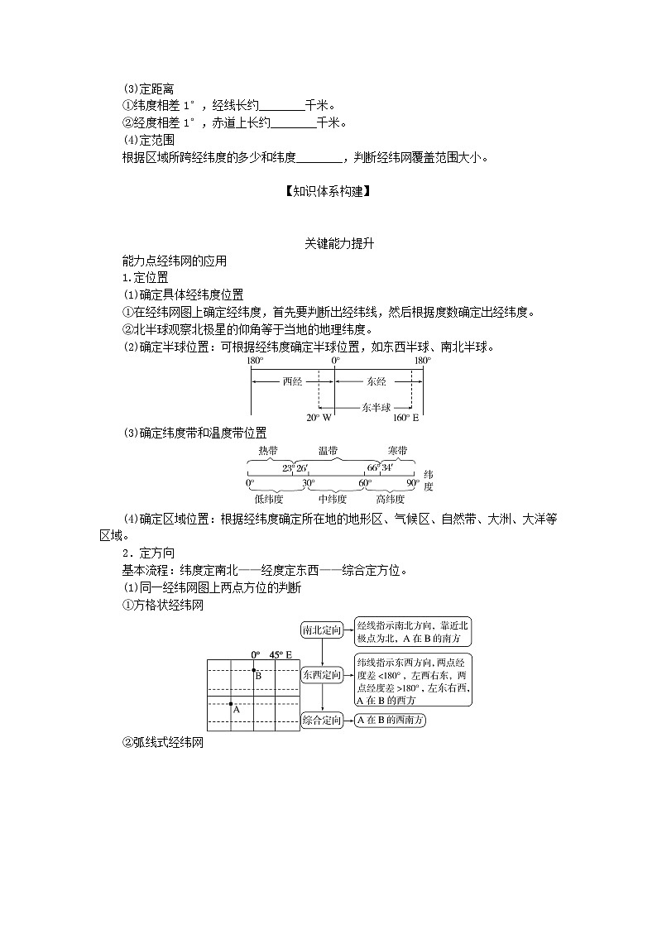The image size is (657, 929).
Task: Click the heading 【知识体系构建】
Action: coord(328,191)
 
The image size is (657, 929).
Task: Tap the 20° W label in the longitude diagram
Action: coord(318,418)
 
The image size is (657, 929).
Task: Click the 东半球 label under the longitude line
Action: coord(376,407)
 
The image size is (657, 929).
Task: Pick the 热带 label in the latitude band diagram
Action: coord(268,451)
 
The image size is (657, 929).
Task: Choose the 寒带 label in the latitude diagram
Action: coord(396,451)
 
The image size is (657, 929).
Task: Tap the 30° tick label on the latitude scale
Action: coord(308,483)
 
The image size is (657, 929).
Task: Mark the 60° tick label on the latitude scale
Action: coord(365,483)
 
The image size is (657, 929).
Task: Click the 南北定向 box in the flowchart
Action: coord(322,631)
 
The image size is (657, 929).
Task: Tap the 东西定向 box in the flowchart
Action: coord(322,675)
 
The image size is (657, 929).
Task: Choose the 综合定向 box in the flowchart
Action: coord(322,721)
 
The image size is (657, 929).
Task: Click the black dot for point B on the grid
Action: coord(254,670)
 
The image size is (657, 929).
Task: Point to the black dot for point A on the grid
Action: coord(232,703)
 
